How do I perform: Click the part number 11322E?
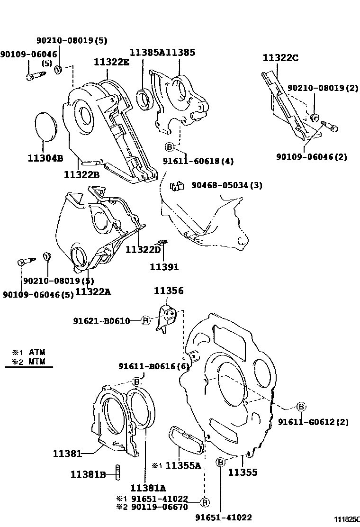pyautogui.click(x=111, y=62)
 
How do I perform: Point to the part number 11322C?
pyautogui.click(x=280, y=58)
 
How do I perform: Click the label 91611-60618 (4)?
pyautogui.click(x=204, y=161)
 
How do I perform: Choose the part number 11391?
pyautogui.click(x=164, y=267)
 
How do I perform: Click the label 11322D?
pyautogui.click(x=144, y=249)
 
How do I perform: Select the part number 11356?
pyautogui.click(x=169, y=291)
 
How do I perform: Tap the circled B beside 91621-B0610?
pyautogui.click(x=145, y=321)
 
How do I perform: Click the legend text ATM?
pyautogui.click(x=37, y=352)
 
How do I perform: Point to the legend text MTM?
pyautogui.click(x=37, y=362)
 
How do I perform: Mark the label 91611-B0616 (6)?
pyautogui.click(x=154, y=366)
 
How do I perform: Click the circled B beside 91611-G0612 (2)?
pyautogui.click(x=301, y=407)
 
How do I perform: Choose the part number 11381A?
pyautogui.click(x=148, y=488)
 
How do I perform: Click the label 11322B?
pyautogui.click(x=82, y=174)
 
